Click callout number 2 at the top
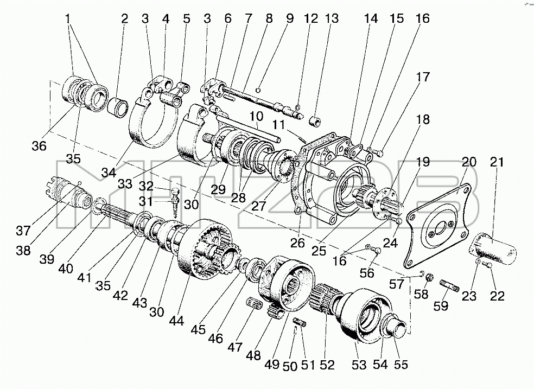click(x=125, y=19)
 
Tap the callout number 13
click(x=332, y=19)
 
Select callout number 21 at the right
click(x=497, y=162)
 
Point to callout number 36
click(x=39, y=146)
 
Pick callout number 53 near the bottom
click(x=359, y=365)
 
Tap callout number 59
click(x=441, y=306)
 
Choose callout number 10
click(x=257, y=117)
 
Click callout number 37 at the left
click(x=23, y=231)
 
